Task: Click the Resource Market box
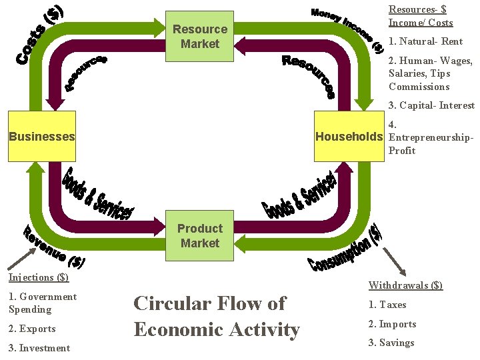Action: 199,36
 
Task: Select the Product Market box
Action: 199,236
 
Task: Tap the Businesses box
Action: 41,137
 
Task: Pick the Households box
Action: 349,137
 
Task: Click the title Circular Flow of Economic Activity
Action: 217,316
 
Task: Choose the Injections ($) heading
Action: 39,277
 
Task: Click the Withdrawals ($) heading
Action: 405,285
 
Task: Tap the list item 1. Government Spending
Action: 43,303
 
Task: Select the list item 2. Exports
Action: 32,329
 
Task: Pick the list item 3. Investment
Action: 39,348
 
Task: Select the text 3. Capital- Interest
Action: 431,105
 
